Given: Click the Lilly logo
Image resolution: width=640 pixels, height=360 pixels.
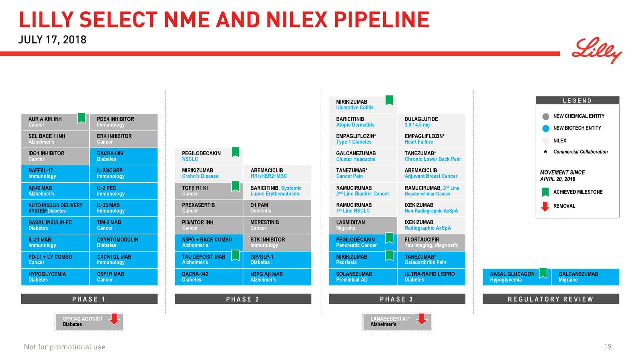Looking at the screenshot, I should pos(597,50).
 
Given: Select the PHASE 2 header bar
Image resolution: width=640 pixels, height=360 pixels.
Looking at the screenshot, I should pos(243,299).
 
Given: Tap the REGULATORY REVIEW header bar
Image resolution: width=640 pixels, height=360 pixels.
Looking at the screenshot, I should pos(550,299).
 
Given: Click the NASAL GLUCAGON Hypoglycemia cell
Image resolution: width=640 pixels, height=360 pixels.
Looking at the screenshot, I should pos(516,277).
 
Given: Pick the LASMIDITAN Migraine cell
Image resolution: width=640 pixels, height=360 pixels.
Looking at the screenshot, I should pos(362,225).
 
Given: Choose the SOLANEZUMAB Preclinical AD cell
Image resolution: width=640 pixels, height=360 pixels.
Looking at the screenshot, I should pos(362,277).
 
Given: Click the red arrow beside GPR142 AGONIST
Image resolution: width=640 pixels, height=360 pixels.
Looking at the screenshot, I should pos(115,319).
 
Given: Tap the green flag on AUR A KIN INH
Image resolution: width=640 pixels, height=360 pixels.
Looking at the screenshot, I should pos(81,118).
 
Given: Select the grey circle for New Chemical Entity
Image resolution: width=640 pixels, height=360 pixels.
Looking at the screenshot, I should pos(546,117).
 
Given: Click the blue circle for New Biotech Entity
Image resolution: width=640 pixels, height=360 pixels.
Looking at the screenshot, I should pos(546,128).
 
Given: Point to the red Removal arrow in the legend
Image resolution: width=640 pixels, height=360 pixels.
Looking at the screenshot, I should pos(545,206).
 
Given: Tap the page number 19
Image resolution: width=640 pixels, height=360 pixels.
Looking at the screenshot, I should pos(607,347).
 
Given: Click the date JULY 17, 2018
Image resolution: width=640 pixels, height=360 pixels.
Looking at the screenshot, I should pos(52,40).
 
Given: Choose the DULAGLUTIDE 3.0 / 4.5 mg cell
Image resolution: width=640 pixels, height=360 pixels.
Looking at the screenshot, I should pos(431,122).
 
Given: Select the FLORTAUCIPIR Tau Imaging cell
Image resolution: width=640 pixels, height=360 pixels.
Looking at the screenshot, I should pos(431,242).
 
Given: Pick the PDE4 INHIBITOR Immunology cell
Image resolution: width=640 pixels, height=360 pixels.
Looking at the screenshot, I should pos(123,122).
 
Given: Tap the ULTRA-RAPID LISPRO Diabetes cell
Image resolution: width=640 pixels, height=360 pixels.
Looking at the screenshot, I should pos(431,277).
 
